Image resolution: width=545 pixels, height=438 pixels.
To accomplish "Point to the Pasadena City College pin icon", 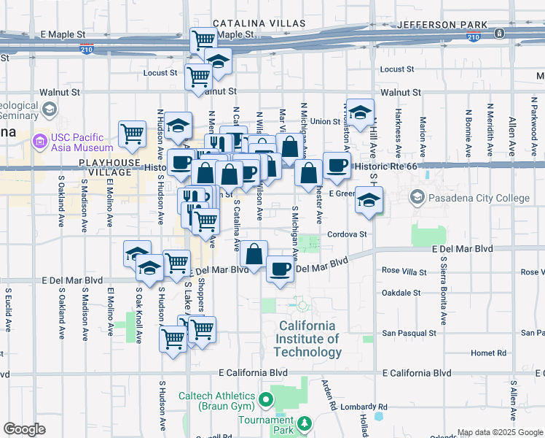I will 417,198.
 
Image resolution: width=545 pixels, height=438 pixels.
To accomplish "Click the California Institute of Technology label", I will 307,339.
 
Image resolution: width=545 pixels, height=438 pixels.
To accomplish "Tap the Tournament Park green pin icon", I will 305,423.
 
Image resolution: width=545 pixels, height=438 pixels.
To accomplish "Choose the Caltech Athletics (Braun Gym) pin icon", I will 266,399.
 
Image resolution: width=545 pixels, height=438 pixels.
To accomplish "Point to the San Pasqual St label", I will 409,333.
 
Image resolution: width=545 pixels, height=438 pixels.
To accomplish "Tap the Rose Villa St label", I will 404,271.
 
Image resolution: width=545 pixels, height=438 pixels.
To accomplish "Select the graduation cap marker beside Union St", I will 360,112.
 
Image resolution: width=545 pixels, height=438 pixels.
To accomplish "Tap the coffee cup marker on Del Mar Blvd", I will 280,269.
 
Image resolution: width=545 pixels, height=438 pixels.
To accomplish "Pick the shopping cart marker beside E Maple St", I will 203,39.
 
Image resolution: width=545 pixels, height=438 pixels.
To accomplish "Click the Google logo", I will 25,429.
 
